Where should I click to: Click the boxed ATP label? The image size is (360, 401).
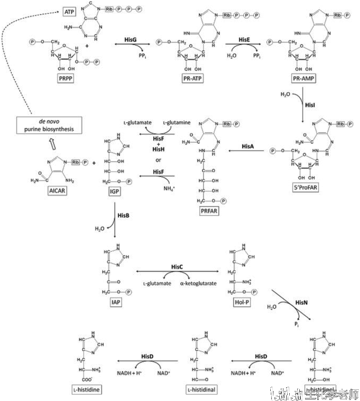(69, 11)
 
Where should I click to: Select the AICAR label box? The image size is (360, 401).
(56, 190)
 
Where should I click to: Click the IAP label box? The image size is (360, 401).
(116, 303)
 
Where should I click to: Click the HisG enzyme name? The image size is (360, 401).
(130, 40)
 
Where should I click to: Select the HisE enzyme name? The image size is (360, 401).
(244, 40)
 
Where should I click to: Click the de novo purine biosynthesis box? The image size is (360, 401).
(49, 125)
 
